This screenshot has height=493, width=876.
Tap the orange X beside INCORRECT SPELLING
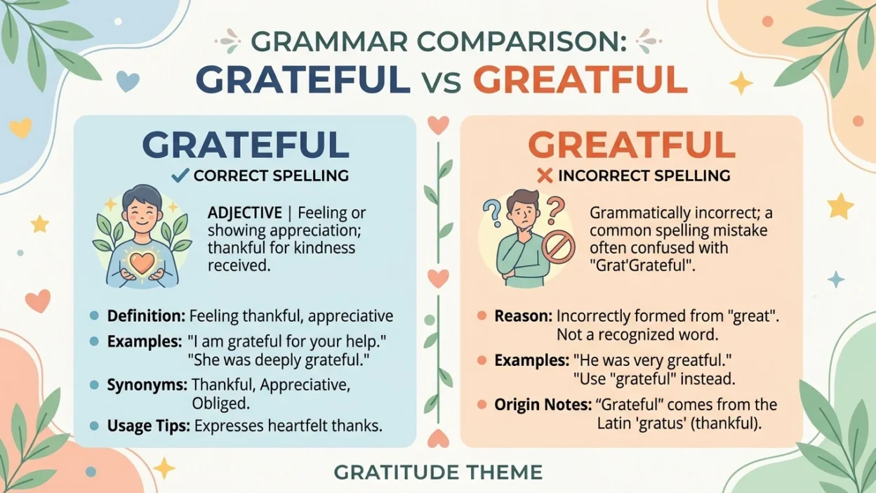point(544,176)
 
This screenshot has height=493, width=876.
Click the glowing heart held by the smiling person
point(141,262)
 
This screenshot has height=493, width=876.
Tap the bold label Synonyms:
point(147,385)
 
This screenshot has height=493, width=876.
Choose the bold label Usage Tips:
point(148,426)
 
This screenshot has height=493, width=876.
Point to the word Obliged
point(220,404)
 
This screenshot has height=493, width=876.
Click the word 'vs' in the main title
point(442,79)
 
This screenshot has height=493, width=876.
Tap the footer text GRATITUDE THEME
point(438,472)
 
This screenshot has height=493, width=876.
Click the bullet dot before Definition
point(94,316)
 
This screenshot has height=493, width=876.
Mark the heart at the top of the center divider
point(438,125)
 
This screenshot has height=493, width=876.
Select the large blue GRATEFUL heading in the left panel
point(246,145)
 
